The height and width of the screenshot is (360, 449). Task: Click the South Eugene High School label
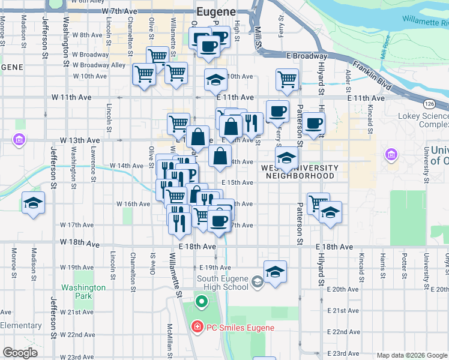pos(223,282)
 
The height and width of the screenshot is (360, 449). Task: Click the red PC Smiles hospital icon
pos(196,328)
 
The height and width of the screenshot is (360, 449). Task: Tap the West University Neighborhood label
pos(300,172)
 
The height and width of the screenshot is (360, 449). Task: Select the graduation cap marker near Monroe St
pos(33,203)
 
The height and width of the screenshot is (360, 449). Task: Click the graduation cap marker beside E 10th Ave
pos(215,79)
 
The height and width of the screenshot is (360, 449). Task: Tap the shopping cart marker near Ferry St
pos(288,78)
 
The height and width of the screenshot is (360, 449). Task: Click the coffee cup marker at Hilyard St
pos(313,123)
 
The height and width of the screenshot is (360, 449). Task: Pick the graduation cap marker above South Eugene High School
pos(275,271)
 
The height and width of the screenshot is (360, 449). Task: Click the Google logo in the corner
pos(20,353)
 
